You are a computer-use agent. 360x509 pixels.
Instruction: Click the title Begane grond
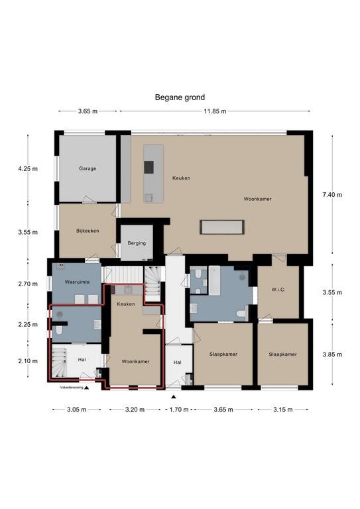pyautogui.click(x=180, y=97)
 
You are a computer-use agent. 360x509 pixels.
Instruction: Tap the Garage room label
pyautogui.click(x=88, y=168)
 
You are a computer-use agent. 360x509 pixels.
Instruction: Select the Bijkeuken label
pyautogui.click(x=88, y=231)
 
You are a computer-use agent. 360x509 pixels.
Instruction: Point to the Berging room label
pyautogui.click(x=137, y=243)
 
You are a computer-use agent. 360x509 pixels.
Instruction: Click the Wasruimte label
pyautogui.click(x=78, y=282)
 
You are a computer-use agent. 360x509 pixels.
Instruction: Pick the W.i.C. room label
pyautogui.click(x=278, y=289)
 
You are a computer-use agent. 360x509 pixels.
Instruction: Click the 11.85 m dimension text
pyautogui.click(x=215, y=111)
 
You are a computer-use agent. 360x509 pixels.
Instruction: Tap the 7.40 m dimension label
pyautogui.click(x=332, y=195)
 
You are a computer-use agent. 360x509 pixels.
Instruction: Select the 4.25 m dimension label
pyautogui.click(x=28, y=168)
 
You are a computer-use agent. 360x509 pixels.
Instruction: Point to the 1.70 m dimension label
pyautogui.click(x=179, y=410)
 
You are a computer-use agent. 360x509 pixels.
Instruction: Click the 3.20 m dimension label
pyautogui.click(x=135, y=410)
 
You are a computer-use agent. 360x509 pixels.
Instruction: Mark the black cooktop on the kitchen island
pyautogui.click(x=149, y=167)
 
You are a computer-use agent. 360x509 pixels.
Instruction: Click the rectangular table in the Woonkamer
pyautogui.click(x=222, y=227)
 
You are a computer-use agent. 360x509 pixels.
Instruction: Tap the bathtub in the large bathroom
pyautogui.click(x=214, y=280)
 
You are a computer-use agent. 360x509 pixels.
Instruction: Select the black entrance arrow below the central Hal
pyautogui.click(x=174, y=397)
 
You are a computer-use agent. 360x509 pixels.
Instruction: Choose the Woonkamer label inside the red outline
pyautogui.click(x=136, y=361)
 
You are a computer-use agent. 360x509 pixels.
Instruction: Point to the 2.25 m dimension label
pyautogui.click(x=28, y=324)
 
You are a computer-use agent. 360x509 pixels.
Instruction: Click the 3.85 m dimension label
pyautogui.click(x=332, y=354)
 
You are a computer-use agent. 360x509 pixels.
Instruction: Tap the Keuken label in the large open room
pyautogui.click(x=181, y=178)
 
